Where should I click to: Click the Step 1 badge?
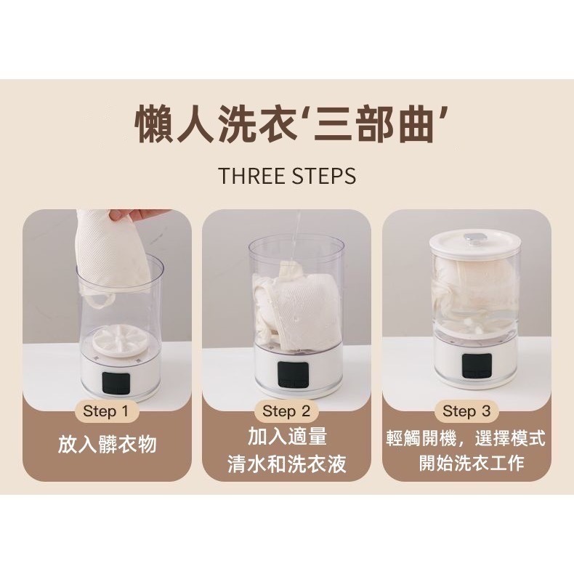coord(106,411)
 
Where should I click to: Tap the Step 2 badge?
coord(286,411)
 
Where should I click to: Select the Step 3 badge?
coord(466,411)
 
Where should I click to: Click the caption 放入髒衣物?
coord(107,445)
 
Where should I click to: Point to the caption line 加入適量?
coord(287,437)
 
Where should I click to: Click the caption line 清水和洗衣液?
coord(287,465)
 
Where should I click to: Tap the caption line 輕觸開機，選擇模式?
coord(466,438)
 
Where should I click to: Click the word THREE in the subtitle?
coord(251,177)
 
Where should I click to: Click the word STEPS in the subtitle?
coord(323,177)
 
